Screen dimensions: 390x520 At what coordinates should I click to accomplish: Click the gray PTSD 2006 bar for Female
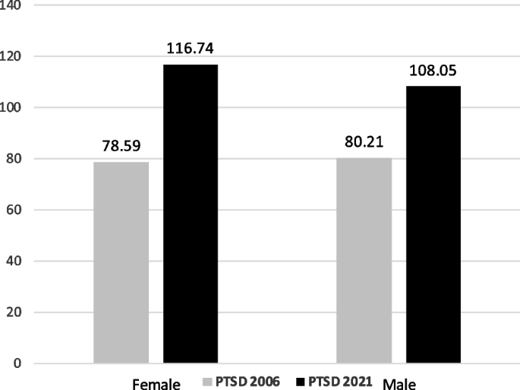pos(121,262)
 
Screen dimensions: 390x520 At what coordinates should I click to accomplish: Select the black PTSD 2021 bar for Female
pos(191,214)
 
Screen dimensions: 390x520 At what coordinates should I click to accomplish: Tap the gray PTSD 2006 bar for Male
pos(364,260)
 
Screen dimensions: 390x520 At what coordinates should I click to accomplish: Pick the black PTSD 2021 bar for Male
pos(433,224)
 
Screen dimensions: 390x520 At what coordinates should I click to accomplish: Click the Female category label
pos(156,383)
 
